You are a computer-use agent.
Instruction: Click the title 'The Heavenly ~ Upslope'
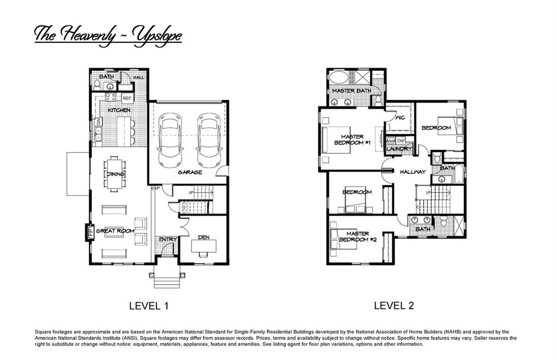(108, 33)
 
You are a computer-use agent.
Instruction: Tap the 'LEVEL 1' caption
(149, 306)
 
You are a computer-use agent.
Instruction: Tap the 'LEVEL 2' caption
(394, 306)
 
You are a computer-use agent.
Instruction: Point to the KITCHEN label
(118, 110)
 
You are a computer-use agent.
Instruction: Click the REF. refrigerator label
(127, 98)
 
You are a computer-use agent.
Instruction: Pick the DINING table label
(115, 174)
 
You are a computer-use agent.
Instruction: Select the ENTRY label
(168, 239)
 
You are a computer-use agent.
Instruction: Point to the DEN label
(204, 238)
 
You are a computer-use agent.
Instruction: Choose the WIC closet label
(400, 118)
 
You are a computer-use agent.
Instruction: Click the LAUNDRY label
(399, 149)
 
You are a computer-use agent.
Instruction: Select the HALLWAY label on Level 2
(413, 172)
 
